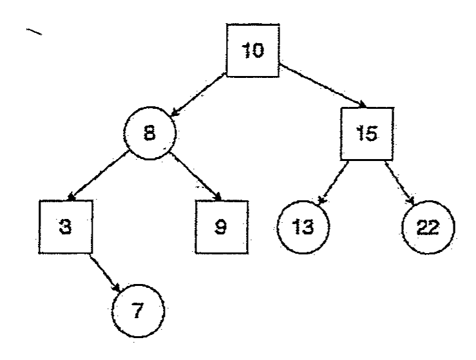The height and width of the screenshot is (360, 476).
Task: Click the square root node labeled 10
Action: [x=253, y=50]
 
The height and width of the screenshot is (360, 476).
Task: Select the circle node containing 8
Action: [x=149, y=133]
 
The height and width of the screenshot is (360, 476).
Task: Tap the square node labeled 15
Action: [x=367, y=133]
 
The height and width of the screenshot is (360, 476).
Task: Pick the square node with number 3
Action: [x=66, y=227]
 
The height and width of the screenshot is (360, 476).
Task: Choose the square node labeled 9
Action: [x=222, y=227]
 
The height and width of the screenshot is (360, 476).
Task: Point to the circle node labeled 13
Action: [x=303, y=227]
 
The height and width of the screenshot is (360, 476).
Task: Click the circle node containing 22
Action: [x=428, y=227]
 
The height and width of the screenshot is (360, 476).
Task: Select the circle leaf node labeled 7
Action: [x=138, y=311]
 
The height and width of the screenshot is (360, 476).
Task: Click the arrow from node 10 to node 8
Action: [x=199, y=95]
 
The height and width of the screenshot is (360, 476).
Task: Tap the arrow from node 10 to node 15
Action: [x=323, y=86]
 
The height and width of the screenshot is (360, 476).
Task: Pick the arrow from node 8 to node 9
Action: [x=196, y=176]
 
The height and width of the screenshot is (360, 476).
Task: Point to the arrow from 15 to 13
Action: [x=333, y=182]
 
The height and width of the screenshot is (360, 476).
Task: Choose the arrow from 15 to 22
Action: [x=400, y=182]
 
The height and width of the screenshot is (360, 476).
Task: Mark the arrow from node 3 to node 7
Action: [x=105, y=273]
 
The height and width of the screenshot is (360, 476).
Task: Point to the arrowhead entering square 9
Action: [x=217, y=196]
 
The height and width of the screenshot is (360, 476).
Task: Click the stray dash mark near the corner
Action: [x=34, y=32]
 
